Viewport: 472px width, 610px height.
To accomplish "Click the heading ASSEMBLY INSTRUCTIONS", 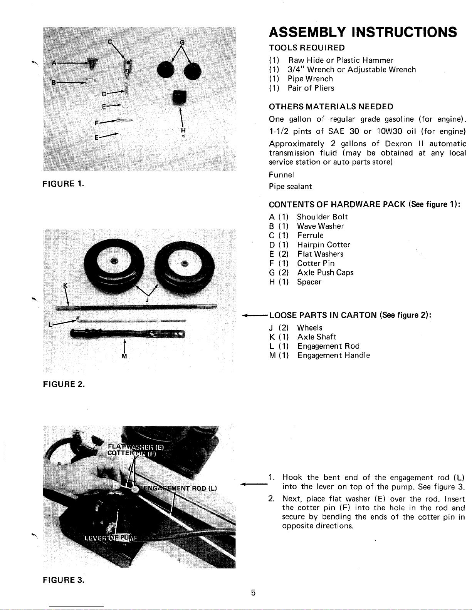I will click(363, 32).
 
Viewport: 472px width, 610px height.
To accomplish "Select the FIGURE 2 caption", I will click(64, 384).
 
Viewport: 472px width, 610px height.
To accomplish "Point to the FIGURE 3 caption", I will click(64, 580).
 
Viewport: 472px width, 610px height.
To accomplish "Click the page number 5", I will click(253, 593).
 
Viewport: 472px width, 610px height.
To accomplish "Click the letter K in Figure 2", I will click(65, 285).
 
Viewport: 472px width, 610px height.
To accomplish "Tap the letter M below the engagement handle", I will click(124, 356).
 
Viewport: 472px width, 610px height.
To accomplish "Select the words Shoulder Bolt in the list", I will click(322, 217).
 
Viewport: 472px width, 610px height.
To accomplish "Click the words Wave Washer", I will click(320, 226).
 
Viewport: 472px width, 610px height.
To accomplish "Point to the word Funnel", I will click(281, 175).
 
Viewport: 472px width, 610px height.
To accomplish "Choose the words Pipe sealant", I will click(290, 186).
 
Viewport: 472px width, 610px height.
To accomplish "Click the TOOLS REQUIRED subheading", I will click(307, 48).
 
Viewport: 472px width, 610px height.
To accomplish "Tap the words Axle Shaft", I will click(316, 337).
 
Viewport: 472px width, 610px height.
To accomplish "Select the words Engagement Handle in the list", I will click(333, 355).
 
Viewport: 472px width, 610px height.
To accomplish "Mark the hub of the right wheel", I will click(185, 264).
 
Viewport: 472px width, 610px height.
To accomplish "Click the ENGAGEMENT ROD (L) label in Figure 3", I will click(179, 488).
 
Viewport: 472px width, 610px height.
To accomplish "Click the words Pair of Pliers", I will click(311, 88).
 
